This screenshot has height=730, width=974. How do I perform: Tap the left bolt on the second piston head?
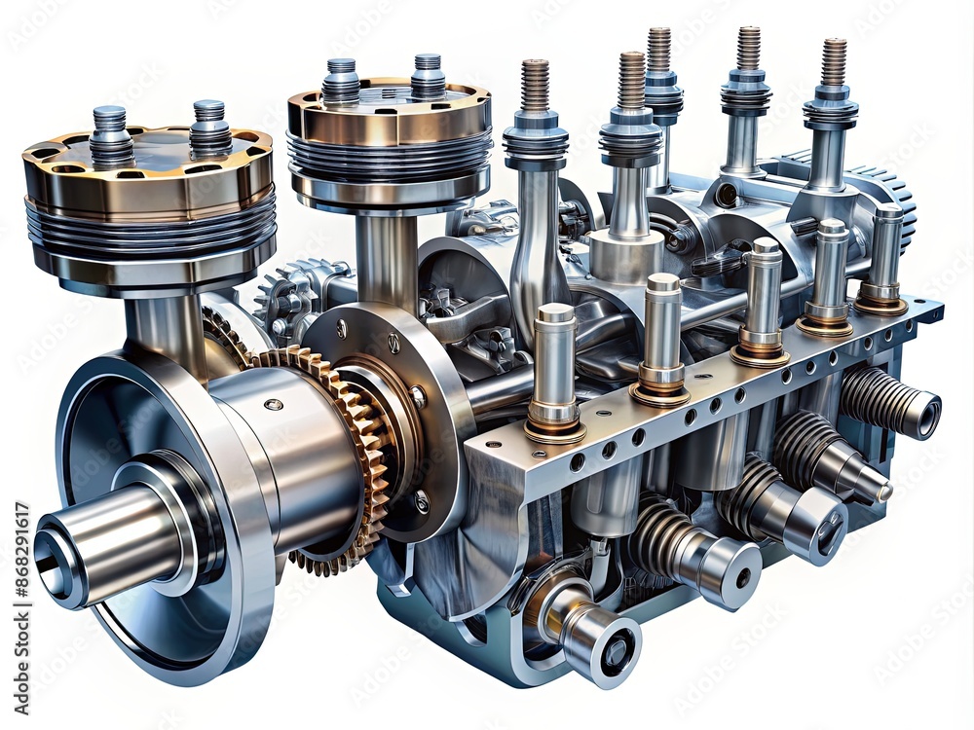[341, 80]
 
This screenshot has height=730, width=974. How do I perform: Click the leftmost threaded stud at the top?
[535, 88]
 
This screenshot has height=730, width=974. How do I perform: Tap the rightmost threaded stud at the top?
[833, 63]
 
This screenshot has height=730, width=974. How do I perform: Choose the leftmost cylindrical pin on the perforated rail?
[555, 370]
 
